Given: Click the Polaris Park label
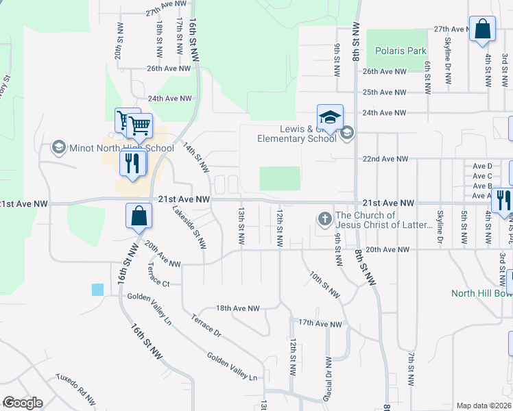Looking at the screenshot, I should (x=401, y=51).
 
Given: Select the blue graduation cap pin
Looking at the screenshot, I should (x=330, y=117).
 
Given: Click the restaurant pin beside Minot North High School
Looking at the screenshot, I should (x=132, y=164).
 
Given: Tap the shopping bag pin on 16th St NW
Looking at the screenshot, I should (x=139, y=216).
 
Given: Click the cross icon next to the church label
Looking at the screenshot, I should (x=324, y=220).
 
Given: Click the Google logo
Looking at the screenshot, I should (x=23, y=402).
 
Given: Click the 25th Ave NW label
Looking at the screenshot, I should (x=384, y=92).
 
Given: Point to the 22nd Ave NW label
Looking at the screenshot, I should (x=385, y=159).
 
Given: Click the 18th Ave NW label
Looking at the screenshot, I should (x=238, y=309).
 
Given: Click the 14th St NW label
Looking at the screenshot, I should (x=195, y=157).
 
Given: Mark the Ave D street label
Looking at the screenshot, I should (x=482, y=166).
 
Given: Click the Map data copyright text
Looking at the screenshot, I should (x=484, y=406).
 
